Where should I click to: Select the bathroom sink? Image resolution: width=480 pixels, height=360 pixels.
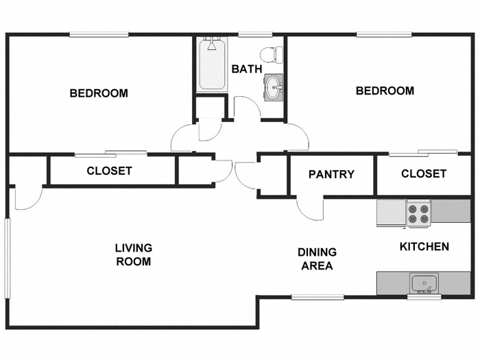point(274,87)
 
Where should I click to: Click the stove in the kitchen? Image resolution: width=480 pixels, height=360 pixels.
point(418,213)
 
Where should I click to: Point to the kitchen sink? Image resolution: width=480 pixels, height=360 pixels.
point(424,282)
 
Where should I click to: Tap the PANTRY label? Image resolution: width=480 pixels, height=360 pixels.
point(331,174)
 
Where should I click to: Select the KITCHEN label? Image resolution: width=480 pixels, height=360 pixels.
point(424,246)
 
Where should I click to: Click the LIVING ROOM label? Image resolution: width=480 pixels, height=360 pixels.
point(133,254)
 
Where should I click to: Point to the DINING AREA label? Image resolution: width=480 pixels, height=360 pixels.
point(317,259)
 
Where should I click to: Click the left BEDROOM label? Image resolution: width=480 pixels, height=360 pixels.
point(99,93)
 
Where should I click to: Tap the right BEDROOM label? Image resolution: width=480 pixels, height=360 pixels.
point(385,91)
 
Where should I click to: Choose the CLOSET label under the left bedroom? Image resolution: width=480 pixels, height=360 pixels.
point(109,171)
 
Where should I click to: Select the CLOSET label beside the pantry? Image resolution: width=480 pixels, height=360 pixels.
point(423,173)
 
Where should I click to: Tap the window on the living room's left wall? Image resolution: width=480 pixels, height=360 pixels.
point(7,258)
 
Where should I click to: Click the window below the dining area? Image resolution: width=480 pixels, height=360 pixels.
point(317,297)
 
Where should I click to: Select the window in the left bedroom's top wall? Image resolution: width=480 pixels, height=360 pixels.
point(99,34)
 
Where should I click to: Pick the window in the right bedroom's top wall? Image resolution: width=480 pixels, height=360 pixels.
point(384,34)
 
